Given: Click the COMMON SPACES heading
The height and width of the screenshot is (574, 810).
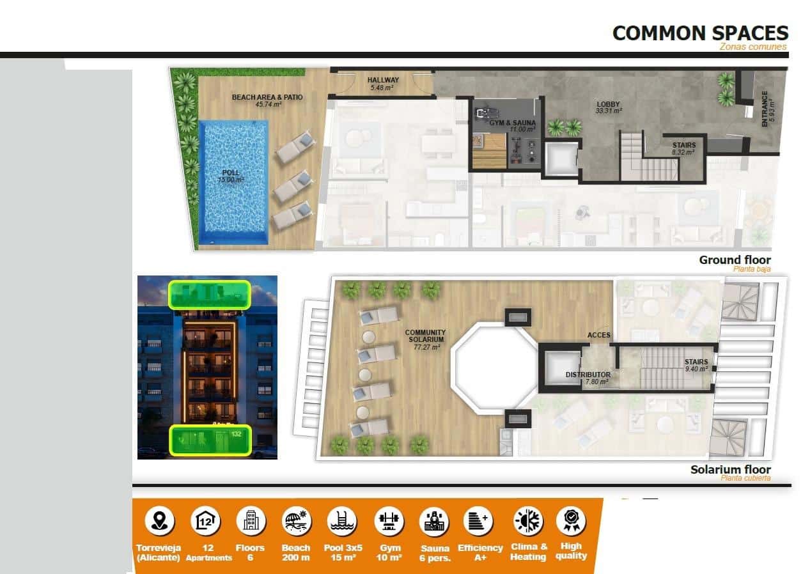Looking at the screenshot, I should pos(700,33).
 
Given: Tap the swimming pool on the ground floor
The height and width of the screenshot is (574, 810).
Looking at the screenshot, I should pos(233,182).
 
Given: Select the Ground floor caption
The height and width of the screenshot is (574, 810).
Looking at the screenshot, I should pos(735,260).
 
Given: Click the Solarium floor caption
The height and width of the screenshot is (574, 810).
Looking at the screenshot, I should pos(730,470).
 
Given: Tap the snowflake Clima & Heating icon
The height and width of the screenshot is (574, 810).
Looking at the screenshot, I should pos(528,522).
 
